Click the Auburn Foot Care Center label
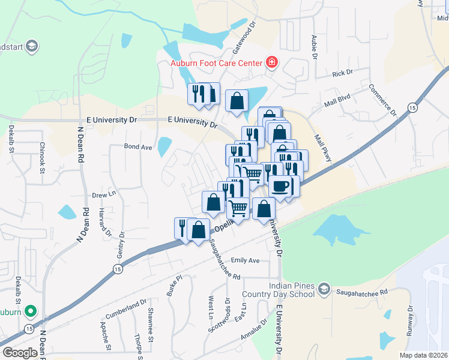[216, 64]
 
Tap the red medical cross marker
[271, 62]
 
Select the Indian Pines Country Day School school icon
[324, 289]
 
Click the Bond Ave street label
[138, 146]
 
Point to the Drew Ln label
[103, 195]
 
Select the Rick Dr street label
[342, 73]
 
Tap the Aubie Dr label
[313, 47]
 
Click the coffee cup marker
[280, 185]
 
